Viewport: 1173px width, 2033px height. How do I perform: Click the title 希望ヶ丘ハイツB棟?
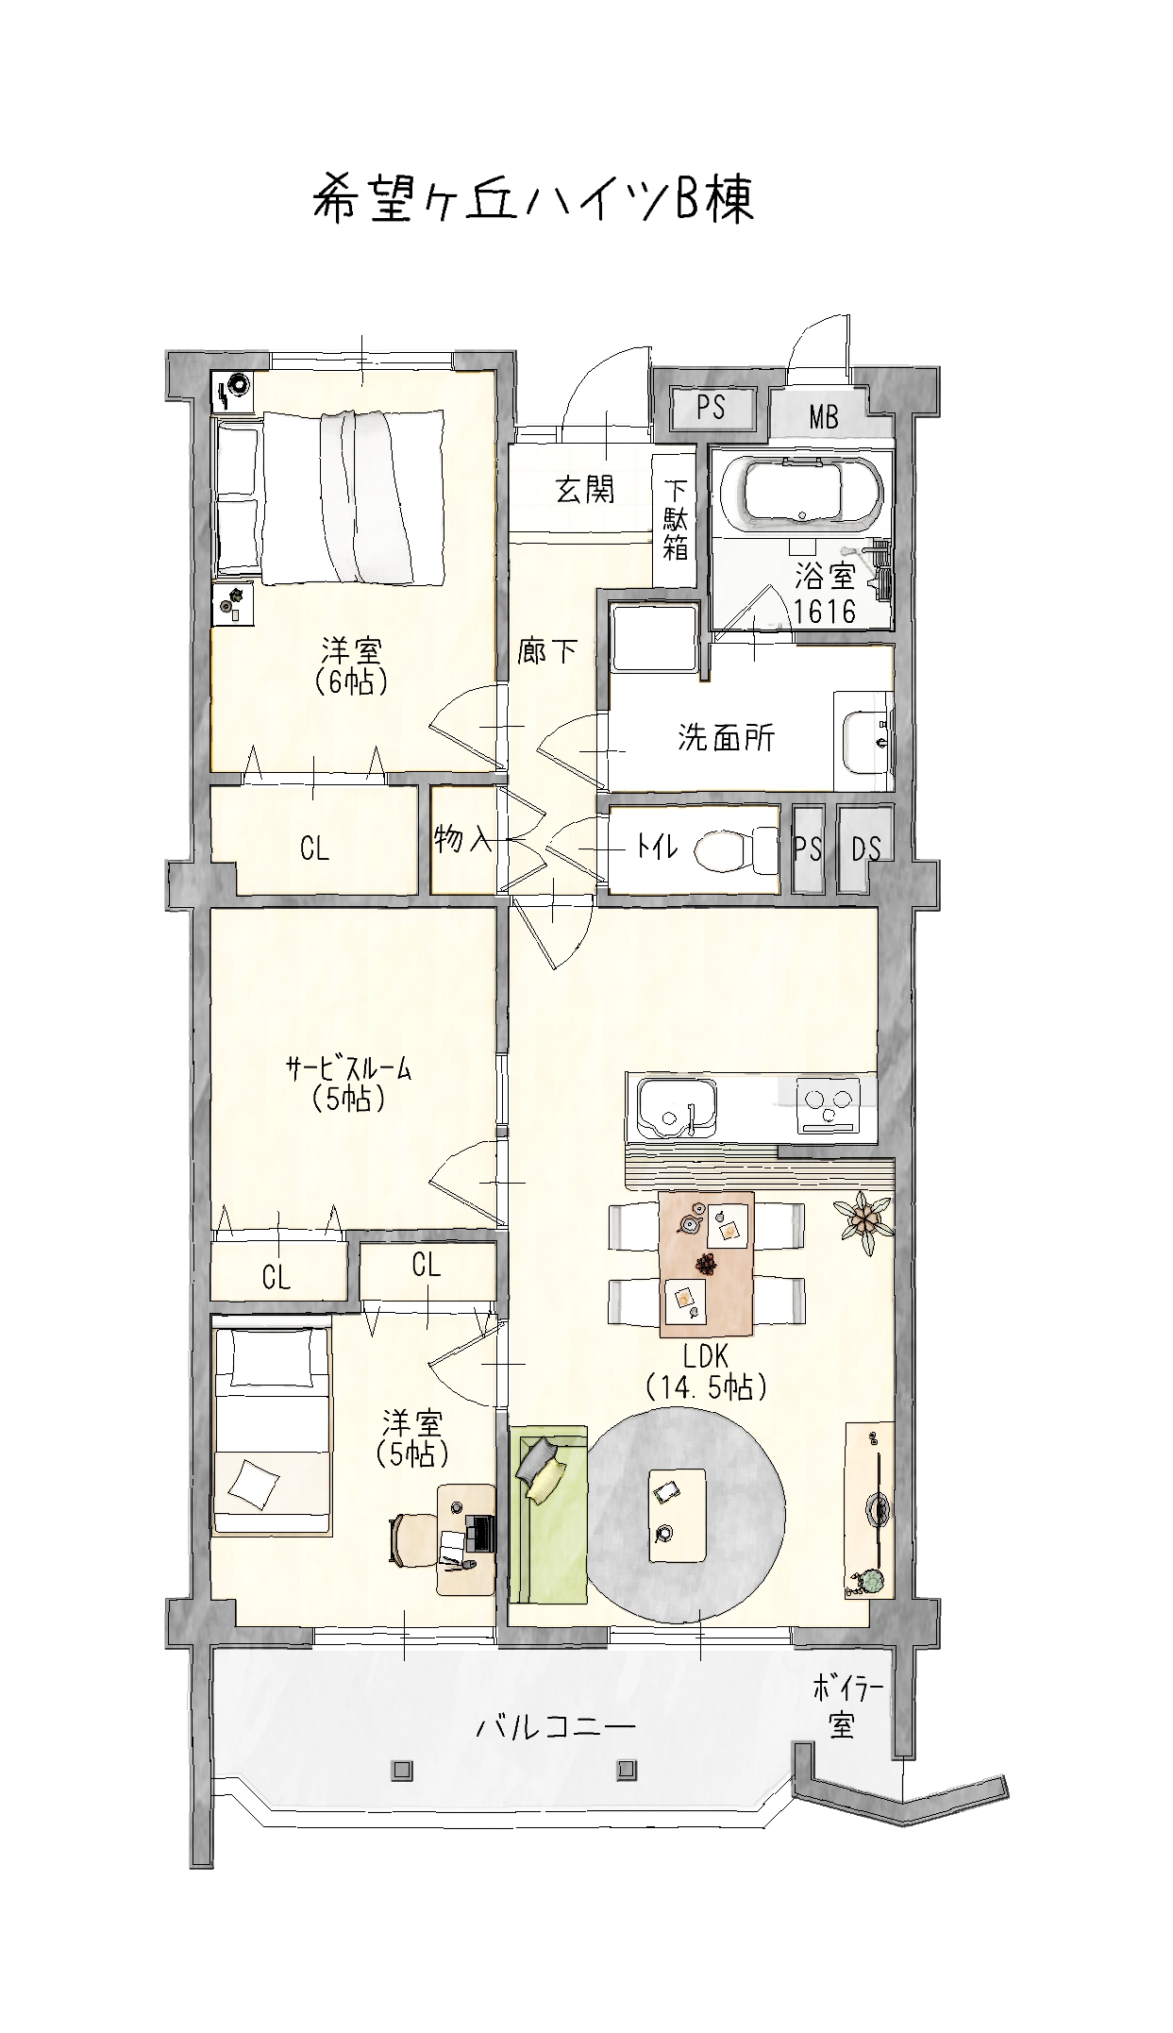pyautogui.click(x=533, y=198)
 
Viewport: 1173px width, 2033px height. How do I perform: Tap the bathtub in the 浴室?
pyautogui.click(x=801, y=494)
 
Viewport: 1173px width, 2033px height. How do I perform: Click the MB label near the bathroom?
pyautogui.click(x=824, y=416)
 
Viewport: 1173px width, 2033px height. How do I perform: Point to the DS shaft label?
pyautogui.click(x=865, y=848)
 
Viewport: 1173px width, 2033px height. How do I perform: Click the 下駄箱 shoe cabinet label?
pyautogui.click(x=675, y=519)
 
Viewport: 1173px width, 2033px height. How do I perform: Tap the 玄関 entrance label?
pyautogui.click(x=585, y=489)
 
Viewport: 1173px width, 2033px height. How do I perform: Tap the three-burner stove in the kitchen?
pyautogui.click(x=828, y=1105)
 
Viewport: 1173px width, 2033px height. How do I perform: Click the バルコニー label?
pyautogui.click(x=555, y=1728)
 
